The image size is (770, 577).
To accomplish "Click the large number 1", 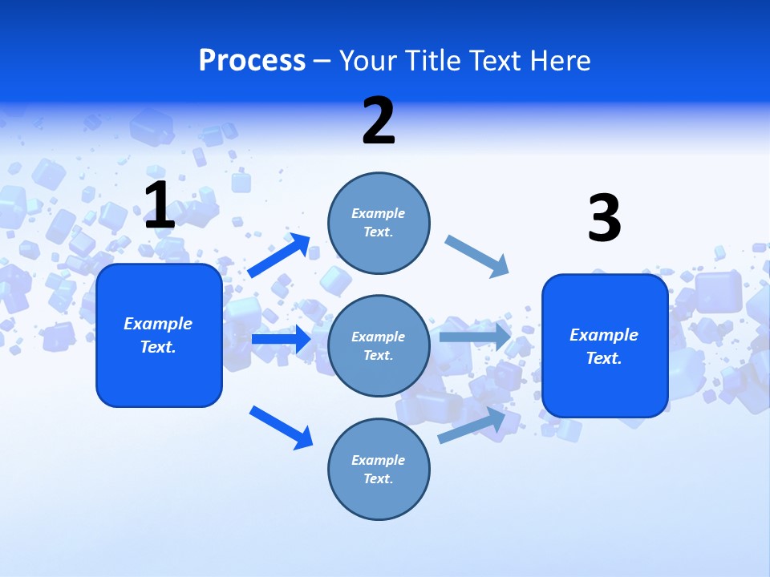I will point(160,206).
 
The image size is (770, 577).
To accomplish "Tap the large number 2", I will point(379,121).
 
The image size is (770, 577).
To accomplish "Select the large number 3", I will point(604,219).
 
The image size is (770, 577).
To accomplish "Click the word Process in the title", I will point(252,60).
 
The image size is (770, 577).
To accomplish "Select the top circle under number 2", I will point(379,223).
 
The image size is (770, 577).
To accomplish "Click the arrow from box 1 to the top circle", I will point(279,256).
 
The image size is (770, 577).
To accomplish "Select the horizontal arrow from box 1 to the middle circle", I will point(281,339).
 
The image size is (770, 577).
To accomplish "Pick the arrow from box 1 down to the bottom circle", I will point(281,427).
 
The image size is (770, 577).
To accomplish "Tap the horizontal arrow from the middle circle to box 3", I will point(475,337).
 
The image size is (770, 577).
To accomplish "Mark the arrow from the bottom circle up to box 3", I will point(472,426).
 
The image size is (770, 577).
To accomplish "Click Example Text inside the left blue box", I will point(158,335).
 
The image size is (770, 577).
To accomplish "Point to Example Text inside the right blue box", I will point(604,346).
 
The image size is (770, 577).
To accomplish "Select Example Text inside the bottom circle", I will point(379,469).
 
